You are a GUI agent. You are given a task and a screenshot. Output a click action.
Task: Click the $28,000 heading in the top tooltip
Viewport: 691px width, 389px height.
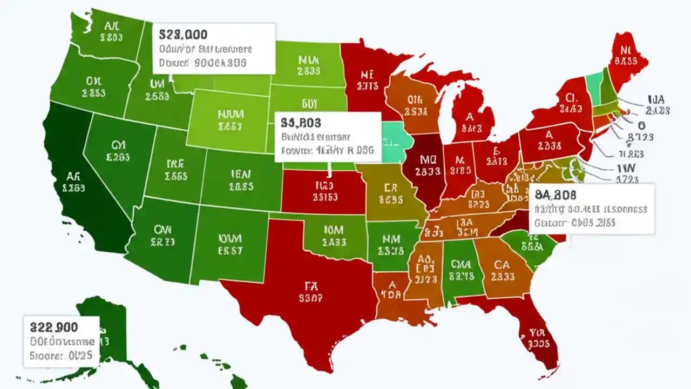(183, 35)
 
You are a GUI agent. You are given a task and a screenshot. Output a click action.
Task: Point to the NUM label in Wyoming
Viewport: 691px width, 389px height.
(231, 115)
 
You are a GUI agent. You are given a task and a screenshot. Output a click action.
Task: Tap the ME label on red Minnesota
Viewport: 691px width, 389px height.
(367, 73)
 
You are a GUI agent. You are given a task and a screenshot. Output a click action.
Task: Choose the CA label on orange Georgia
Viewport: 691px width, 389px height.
(502, 265)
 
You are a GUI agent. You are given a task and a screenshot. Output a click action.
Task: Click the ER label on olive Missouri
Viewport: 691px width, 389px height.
(391, 187)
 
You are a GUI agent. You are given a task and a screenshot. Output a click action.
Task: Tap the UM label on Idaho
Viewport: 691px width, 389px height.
(157, 84)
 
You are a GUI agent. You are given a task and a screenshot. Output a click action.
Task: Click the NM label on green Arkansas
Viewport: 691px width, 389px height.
(390, 238)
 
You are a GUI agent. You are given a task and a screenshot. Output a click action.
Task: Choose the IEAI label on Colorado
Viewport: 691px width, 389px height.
(241, 174)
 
